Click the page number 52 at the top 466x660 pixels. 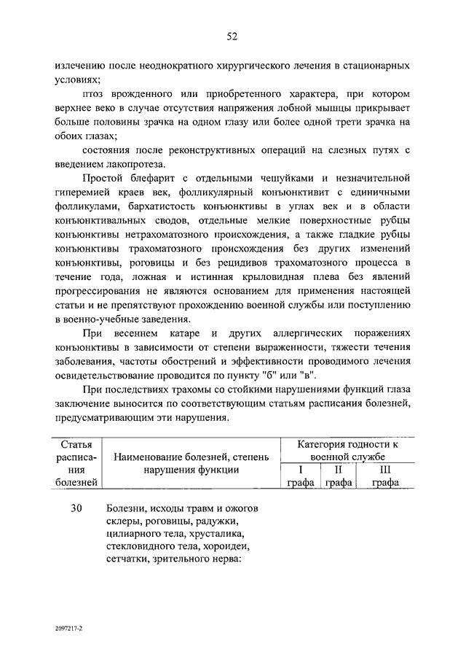click(232, 36)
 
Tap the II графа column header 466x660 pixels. click(338, 475)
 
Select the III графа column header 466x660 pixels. click(385, 475)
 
